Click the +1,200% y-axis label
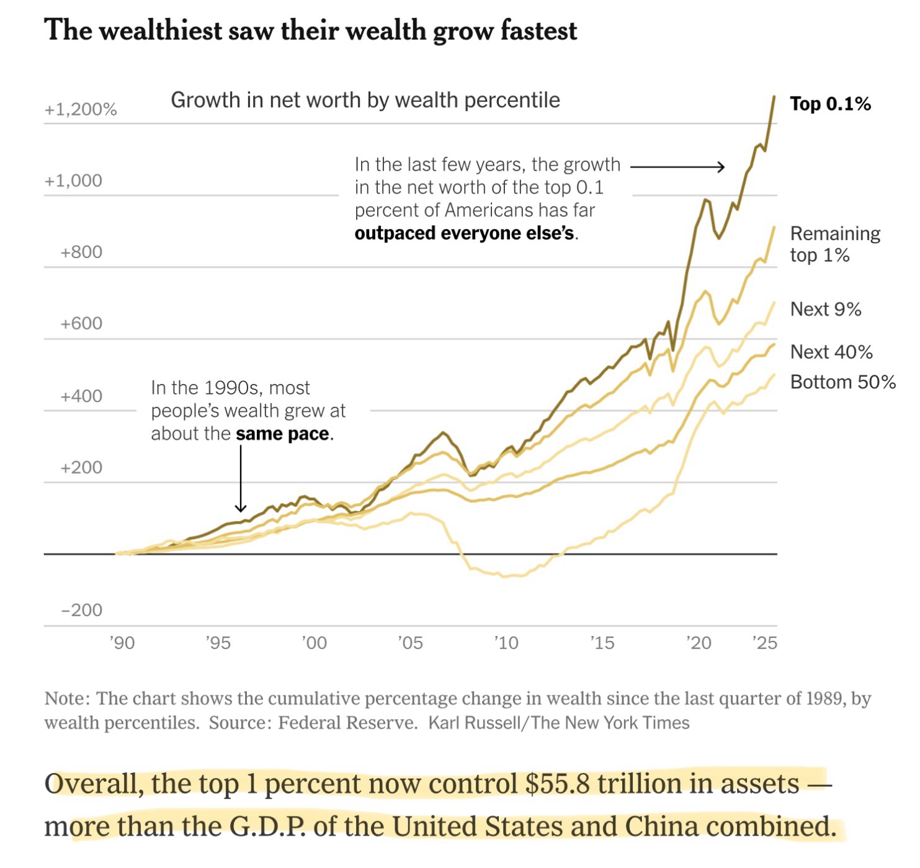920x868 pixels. pyautogui.click(x=81, y=110)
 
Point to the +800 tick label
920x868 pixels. pyautogui.click(x=81, y=252)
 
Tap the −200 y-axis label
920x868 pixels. pyautogui.click(x=81, y=610)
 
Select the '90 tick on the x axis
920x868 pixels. pyautogui.click(x=122, y=643)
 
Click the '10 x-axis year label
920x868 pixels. pyautogui.click(x=506, y=643)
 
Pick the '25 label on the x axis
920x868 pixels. pyautogui.click(x=764, y=643)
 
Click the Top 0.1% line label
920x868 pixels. pyautogui.click(x=830, y=104)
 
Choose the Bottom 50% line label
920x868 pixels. pyautogui.click(x=842, y=382)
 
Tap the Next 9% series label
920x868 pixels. pyautogui.click(x=826, y=309)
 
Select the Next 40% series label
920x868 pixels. pyautogui.click(x=831, y=352)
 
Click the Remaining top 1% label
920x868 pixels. pyautogui.click(x=834, y=244)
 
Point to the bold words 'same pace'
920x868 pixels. pyautogui.click(x=283, y=434)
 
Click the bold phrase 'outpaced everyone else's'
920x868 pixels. pyautogui.click(x=465, y=233)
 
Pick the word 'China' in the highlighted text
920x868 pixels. pyautogui.click(x=661, y=826)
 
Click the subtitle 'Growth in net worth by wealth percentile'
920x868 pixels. pyautogui.click(x=365, y=100)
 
